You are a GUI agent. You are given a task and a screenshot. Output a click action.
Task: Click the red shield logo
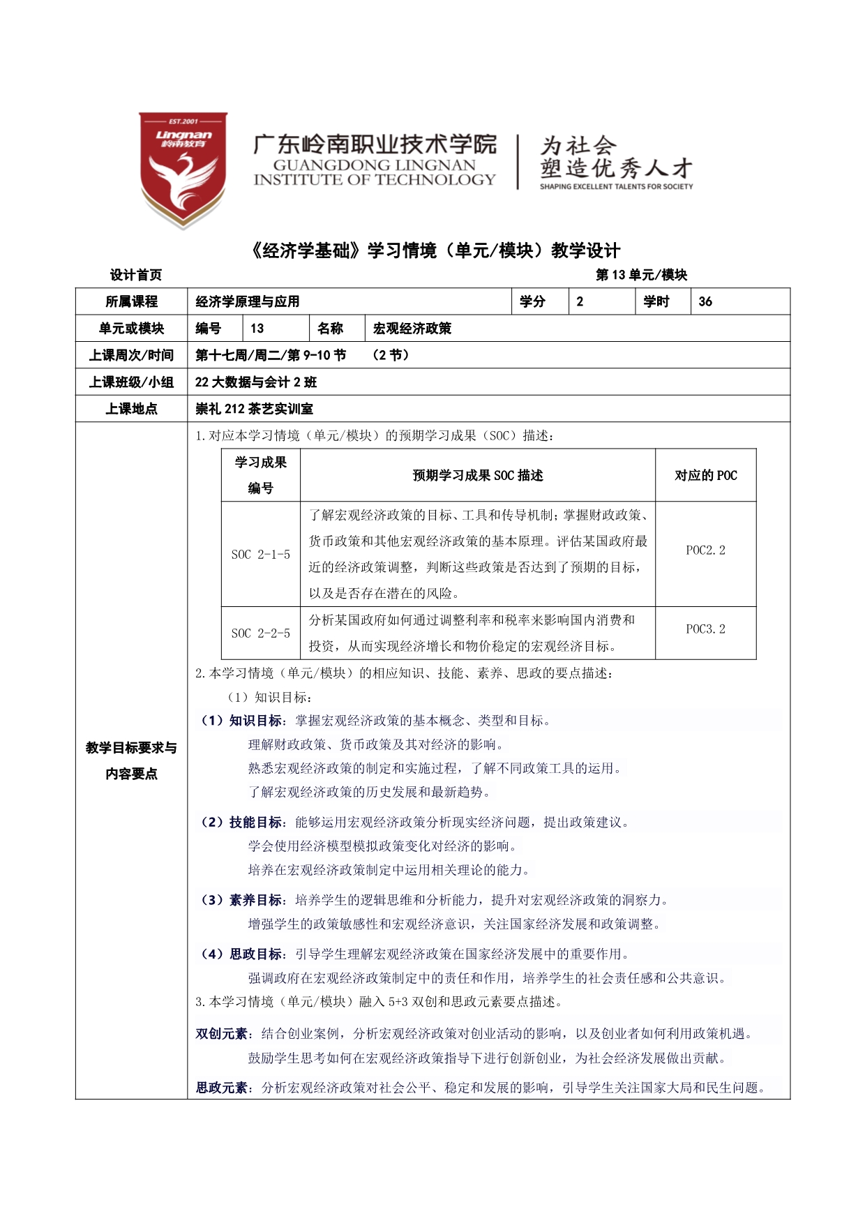coord(183,169)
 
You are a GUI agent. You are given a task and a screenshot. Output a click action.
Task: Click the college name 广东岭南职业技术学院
coord(375,144)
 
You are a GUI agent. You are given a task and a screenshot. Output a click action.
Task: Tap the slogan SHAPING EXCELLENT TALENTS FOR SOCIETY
coord(616,187)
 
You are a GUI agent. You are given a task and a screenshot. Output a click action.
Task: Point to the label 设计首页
coord(136,275)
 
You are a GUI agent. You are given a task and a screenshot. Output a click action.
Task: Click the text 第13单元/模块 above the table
coord(641,275)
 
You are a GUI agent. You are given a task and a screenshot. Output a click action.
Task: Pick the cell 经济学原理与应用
coord(248,301)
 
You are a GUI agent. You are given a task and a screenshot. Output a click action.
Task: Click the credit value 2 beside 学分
coord(580,301)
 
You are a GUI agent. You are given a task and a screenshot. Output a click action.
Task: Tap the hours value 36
coord(705,301)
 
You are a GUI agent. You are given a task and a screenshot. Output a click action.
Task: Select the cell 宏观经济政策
coord(412,329)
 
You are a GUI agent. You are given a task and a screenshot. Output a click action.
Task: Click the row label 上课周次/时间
coord(131,355)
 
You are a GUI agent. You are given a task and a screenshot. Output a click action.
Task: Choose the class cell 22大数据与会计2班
coord(256,382)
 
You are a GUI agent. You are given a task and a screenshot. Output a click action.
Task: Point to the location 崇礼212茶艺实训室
coord(255,409)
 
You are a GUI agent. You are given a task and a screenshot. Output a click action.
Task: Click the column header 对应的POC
coord(705,476)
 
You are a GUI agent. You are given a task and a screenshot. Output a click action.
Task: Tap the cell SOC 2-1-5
coord(261,555)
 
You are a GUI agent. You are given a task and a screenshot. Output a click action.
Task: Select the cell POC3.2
coord(705,629)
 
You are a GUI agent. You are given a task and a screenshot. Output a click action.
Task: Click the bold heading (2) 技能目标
coord(242,823)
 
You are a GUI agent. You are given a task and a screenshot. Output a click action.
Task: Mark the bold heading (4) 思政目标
coord(242,954)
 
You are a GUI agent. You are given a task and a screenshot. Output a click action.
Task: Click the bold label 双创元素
coord(222,1034)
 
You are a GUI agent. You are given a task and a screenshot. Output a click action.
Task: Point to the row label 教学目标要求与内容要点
coord(131,760)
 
